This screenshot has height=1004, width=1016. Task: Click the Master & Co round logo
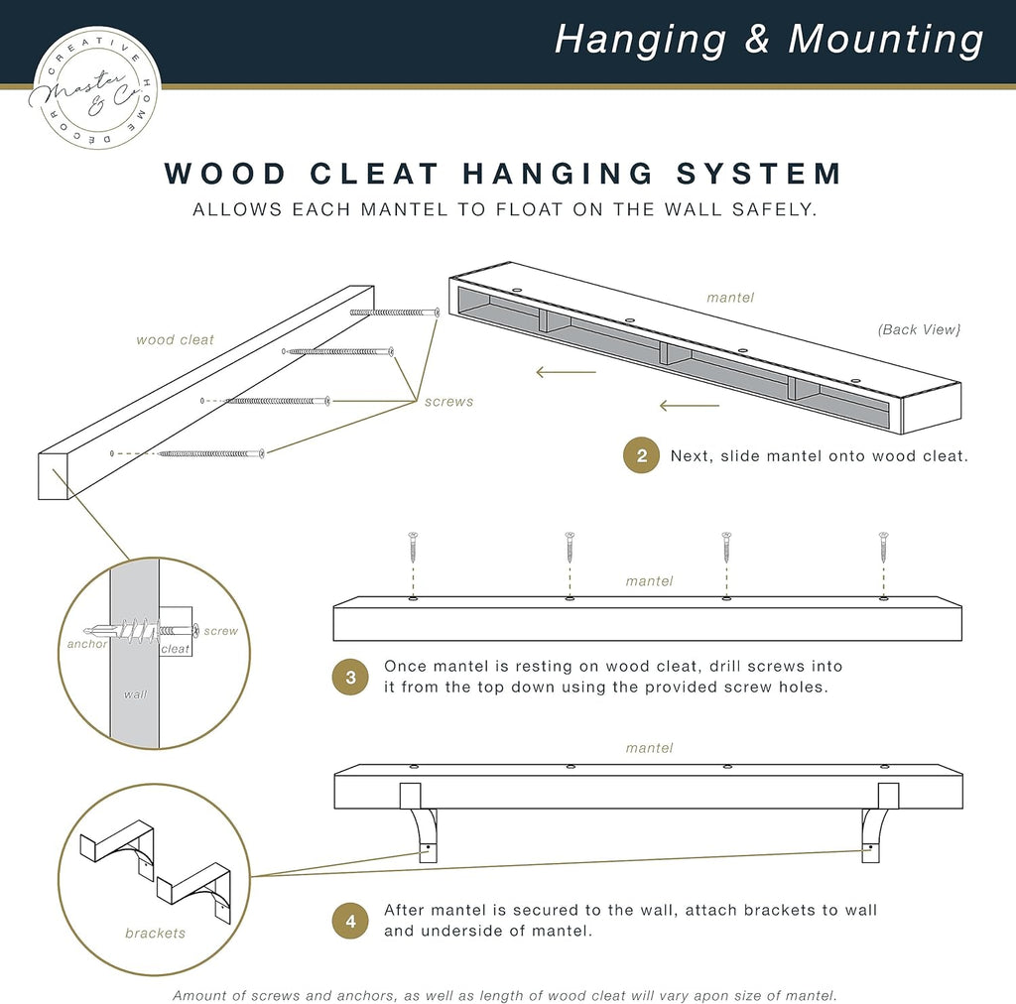point(96,88)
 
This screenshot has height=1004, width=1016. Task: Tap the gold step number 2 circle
point(641,456)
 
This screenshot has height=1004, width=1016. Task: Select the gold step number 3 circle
point(349,677)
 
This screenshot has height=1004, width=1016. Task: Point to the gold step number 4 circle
point(349,921)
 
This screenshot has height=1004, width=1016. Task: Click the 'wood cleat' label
point(175,340)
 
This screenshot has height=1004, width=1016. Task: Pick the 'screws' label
point(448,402)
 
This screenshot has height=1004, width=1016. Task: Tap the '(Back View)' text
point(919,329)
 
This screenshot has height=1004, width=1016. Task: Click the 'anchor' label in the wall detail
point(87,643)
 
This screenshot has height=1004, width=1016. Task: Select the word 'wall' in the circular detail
point(135,694)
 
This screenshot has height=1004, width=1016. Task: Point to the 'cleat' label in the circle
point(175,649)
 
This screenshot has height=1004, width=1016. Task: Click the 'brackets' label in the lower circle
point(155,933)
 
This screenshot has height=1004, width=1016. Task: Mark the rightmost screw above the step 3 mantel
point(883,548)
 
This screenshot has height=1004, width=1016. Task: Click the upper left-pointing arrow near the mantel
point(566,372)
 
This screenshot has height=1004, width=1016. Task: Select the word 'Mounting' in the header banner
point(885,40)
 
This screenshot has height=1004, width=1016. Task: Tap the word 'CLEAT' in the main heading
point(374,173)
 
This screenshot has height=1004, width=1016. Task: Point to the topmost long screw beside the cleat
point(394,313)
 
